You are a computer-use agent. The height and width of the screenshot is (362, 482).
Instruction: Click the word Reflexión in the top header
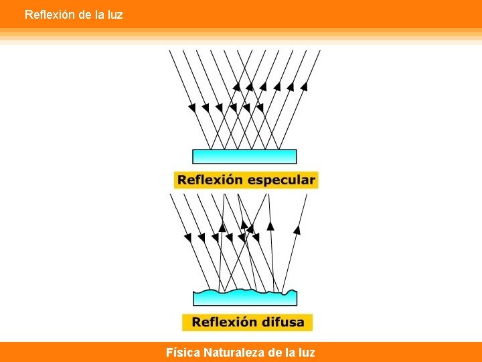pos(50,14)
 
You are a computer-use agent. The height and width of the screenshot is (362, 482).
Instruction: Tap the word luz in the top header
pos(114,14)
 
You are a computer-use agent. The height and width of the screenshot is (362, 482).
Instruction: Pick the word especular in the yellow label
pos(281,180)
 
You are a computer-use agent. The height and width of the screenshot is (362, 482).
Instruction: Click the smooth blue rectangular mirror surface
pos(244,156)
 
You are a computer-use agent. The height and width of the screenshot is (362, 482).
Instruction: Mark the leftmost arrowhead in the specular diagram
pos(192,107)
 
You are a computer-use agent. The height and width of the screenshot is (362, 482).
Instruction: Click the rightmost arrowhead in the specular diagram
pos(304,86)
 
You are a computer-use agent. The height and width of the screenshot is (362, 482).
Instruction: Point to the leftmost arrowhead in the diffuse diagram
pos(187,237)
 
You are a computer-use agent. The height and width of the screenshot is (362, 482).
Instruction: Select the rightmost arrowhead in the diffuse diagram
pos(297,229)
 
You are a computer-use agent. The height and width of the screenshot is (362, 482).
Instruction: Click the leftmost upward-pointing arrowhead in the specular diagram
pos(236,86)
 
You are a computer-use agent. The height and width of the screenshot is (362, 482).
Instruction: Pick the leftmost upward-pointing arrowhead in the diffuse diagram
pos(244,225)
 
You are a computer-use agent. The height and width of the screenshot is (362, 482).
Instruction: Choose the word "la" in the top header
pos(98,14)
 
